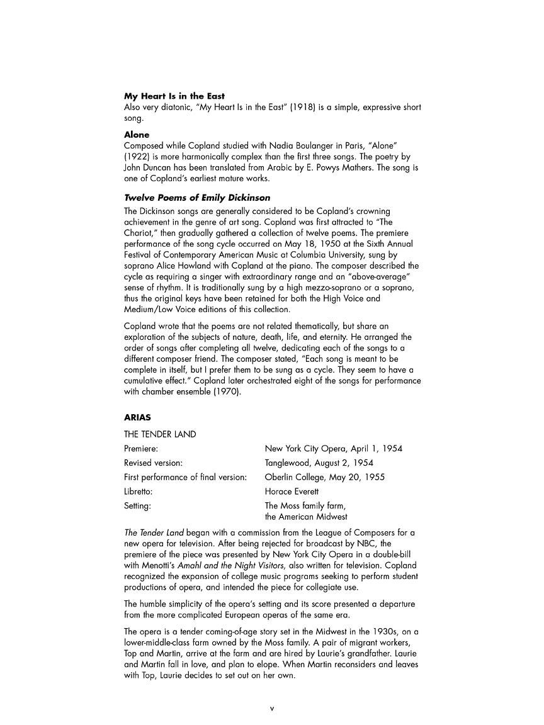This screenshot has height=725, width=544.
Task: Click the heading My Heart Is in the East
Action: [174, 96]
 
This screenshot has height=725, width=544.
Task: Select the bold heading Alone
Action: [137, 135]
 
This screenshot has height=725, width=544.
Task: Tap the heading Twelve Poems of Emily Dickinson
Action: [197, 198]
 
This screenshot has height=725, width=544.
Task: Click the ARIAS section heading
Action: [137, 417]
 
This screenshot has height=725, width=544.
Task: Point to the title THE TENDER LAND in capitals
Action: [160, 434]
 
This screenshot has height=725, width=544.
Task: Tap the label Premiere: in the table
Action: [141, 449]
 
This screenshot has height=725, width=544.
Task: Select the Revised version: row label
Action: [154, 463]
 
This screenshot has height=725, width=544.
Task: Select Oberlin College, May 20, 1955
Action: [324, 477]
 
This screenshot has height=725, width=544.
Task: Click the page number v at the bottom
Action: [272, 708]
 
